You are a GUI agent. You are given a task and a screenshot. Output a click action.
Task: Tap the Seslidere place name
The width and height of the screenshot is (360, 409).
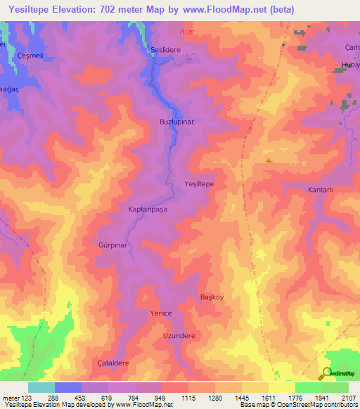click(166, 50)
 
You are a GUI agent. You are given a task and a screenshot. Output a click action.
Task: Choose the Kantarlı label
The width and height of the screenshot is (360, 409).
click(324, 190)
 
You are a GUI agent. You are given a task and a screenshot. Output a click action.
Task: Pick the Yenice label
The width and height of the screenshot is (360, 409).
click(161, 313)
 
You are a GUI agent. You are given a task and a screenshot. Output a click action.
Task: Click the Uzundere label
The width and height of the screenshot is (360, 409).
click(179, 336)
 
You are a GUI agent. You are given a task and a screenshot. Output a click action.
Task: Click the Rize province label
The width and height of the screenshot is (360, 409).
click(186, 32)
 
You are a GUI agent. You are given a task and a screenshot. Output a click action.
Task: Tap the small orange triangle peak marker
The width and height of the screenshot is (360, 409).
click(268, 161)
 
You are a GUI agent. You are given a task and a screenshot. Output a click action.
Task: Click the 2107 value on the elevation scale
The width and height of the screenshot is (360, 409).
click(348, 398)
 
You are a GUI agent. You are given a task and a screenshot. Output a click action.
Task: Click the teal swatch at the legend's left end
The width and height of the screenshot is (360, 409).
click(41, 387)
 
